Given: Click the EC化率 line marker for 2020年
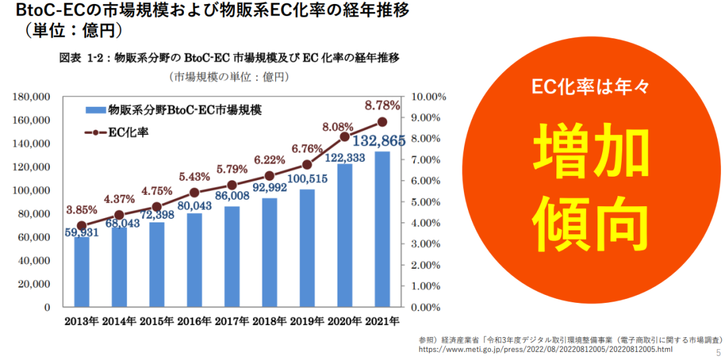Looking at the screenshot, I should [x=344, y=136].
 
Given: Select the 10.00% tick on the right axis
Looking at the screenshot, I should [x=428, y=97].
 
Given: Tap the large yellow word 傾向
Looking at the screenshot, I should [x=591, y=220].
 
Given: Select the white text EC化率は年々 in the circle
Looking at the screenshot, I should [x=591, y=86].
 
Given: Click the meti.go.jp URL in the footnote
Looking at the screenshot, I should [x=545, y=350].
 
